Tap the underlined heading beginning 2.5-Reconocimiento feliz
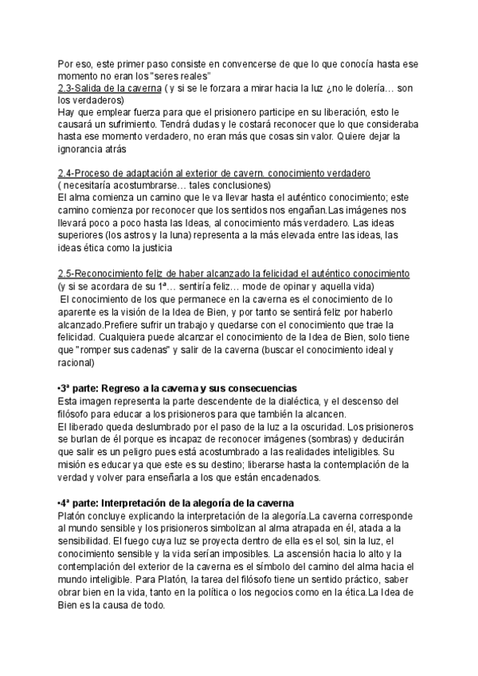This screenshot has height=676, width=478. point(233,273)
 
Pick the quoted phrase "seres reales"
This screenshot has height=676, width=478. point(177,75)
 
